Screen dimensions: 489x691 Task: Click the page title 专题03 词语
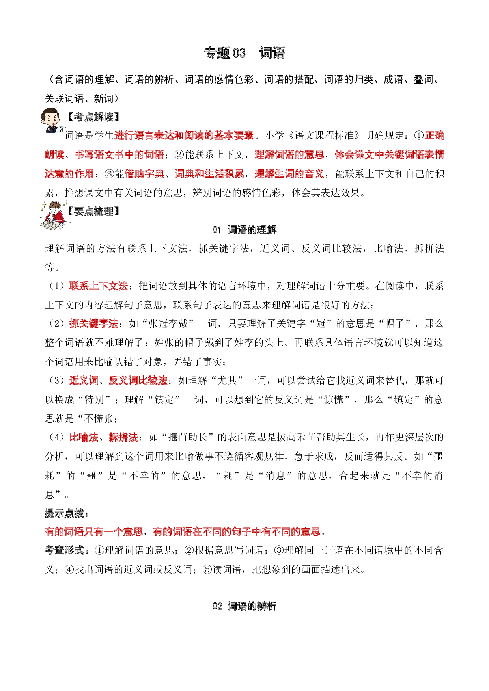pos(244,53)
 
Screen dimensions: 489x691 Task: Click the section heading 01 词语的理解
pos(244,230)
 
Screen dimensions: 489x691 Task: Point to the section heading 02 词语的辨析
pos(244,606)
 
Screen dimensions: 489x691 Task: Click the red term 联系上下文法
pos(99,286)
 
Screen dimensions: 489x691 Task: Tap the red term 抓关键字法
pos(94,324)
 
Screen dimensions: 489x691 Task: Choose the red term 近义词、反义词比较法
pos(118,381)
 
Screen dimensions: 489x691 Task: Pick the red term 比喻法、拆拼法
pos(104,437)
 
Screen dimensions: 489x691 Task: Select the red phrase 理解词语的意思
pos(289,155)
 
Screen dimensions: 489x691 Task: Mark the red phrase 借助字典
pos(144,174)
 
